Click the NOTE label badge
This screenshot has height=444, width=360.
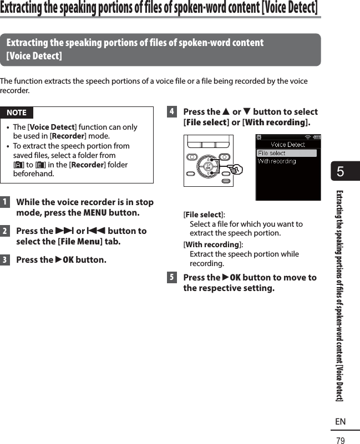(17, 113)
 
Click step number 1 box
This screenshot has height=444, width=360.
(5, 202)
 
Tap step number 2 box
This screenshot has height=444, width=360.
(5, 231)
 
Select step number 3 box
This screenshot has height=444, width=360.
(5, 260)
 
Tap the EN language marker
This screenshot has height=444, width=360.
(340, 422)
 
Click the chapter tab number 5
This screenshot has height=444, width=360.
(340, 172)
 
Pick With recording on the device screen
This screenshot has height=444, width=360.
(277, 161)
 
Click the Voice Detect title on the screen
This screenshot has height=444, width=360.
(288, 144)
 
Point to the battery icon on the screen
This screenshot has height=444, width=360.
(317, 137)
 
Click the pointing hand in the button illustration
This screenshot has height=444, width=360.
(237, 168)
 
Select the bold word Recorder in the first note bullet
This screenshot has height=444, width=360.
(67, 136)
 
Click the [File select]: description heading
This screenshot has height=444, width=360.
(204, 215)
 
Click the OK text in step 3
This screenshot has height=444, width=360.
(66, 260)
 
